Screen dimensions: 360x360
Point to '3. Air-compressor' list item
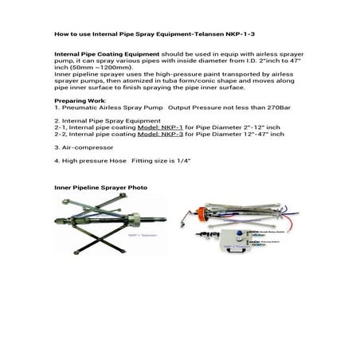click(x=77, y=149)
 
